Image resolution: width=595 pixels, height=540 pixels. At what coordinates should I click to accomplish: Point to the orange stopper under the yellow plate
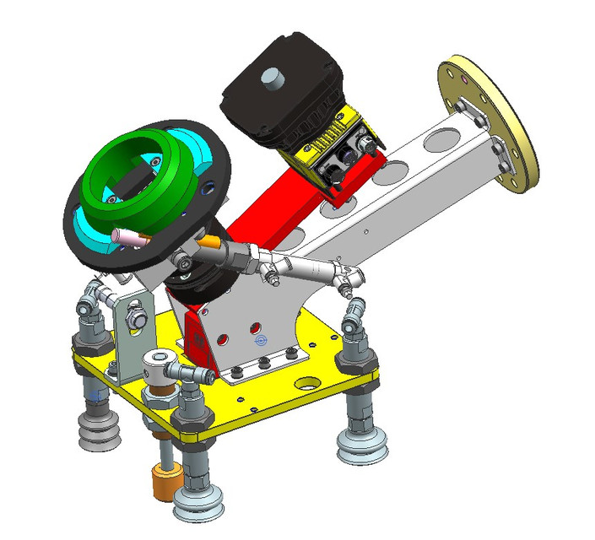(164, 483)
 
